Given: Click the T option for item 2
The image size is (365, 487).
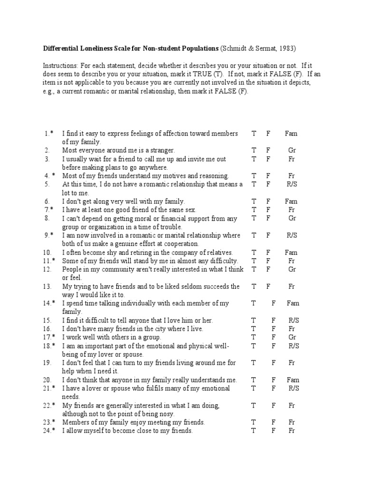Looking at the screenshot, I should tap(254, 150).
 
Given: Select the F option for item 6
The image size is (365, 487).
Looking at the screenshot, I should tap(268, 202).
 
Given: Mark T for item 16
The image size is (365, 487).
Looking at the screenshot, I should tap(254, 329).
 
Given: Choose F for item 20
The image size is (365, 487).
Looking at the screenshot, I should tap(274, 380).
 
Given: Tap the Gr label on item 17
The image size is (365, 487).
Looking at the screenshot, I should tap(292, 337).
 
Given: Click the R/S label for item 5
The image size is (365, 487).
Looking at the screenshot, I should tap(292, 184).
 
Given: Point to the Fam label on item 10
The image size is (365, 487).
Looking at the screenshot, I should tap(291, 253).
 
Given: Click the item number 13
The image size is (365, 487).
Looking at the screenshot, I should tap(47, 287).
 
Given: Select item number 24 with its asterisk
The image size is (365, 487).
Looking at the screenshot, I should tap(49, 431).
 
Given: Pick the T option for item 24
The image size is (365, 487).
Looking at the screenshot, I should tap(254, 431).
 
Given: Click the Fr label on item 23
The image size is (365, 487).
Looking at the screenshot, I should tap(292, 422).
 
